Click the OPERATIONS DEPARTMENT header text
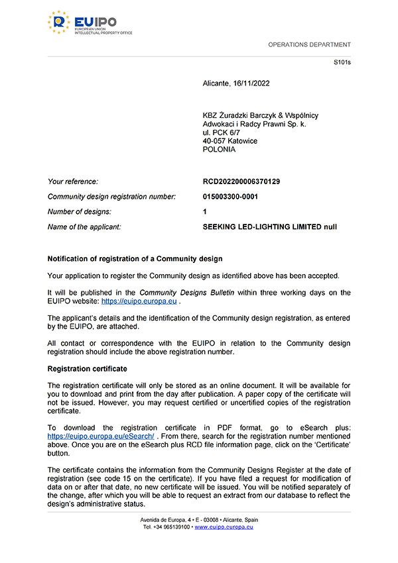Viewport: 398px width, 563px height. [x=309, y=45]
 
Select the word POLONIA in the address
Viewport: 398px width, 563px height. [x=219, y=150]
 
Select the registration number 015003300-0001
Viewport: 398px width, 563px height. [x=230, y=197]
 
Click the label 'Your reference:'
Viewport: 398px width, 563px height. [x=73, y=181]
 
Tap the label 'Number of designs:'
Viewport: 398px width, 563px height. [x=80, y=212]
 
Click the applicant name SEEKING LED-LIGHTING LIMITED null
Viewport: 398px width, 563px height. [x=269, y=227]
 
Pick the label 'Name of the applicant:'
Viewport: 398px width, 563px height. [x=84, y=227]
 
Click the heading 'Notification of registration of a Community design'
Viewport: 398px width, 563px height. [x=135, y=258]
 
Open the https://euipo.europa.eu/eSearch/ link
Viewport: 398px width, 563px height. [x=101, y=437]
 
